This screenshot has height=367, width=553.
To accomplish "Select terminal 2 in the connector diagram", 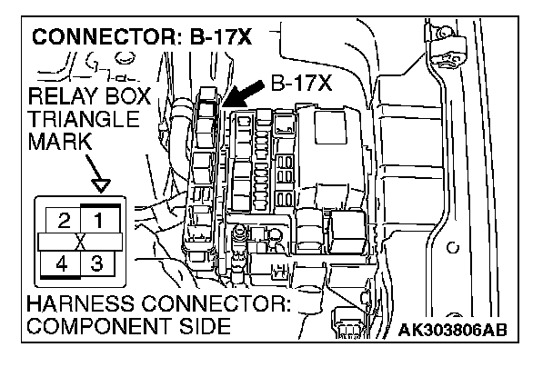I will click(63, 219).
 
